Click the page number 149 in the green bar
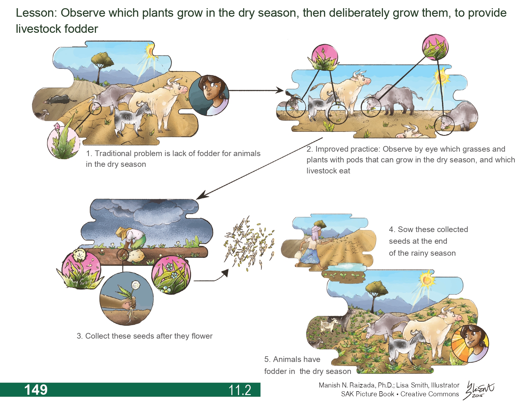tap(36, 390)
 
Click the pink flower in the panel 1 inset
tap(57, 127)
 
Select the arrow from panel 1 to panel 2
tap(256, 90)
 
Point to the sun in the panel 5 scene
tap(427, 279)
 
